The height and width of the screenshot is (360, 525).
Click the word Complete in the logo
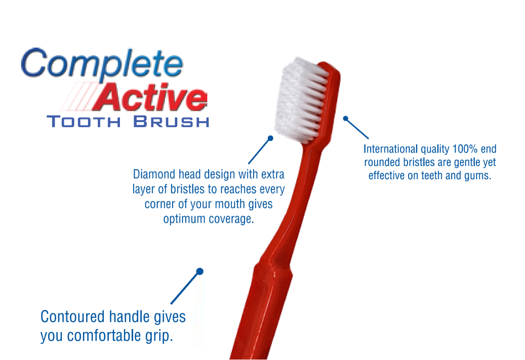(x=102, y=64)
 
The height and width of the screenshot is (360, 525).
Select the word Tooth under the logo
(x=84, y=121)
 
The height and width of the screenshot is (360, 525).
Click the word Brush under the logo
(x=172, y=121)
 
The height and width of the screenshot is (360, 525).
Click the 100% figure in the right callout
(x=465, y=149)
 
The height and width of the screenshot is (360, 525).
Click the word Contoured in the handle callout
(x=72, y=316)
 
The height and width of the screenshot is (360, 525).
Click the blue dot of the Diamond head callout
(x=270, y=138)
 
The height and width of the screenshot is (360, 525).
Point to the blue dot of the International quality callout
(x=346, y=118)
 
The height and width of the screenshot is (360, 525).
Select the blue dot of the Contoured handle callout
(x=200, y=271)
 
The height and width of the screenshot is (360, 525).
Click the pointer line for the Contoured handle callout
(x=185, y=288)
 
